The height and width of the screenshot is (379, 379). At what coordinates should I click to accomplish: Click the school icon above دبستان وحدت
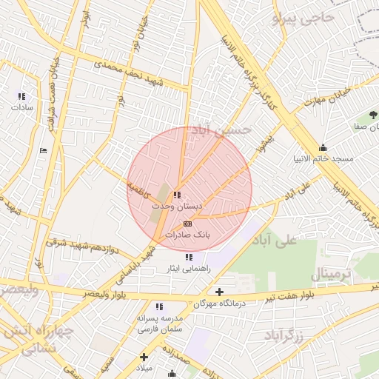click(x=176, y=195)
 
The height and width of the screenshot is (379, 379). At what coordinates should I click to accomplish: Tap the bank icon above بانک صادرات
click(x=187, y=223)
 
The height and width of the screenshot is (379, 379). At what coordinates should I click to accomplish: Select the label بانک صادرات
click(x=187, y=234)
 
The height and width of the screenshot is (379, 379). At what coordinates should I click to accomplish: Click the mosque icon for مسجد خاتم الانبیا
click(x=322, y=147)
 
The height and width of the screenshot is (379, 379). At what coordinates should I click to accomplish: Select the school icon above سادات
click(x=21, y=96)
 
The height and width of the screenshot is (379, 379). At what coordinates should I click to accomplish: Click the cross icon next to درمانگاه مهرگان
click(x=219, y=292)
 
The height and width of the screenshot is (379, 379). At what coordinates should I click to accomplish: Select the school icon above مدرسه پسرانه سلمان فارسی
click(x=158, y=306)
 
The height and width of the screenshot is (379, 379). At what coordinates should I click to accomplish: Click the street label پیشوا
click(x=269, y=143)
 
